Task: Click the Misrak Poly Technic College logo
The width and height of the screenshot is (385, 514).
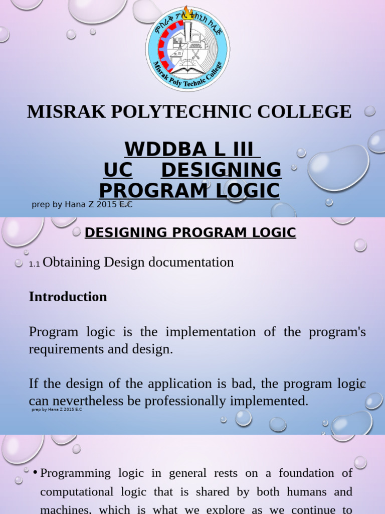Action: click(187, 49)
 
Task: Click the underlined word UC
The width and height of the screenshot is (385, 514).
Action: click(118, 170)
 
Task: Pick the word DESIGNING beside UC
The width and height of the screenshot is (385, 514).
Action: click(221, 170)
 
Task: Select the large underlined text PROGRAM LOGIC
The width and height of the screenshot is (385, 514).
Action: click(189, 191)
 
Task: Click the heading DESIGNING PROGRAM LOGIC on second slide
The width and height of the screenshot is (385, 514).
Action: click(190, 232)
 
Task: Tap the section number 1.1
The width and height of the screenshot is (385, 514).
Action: click(35, 264)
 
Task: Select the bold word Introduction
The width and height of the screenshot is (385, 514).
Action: click(68, 297)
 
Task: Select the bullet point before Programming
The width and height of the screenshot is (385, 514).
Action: click(35, 473)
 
